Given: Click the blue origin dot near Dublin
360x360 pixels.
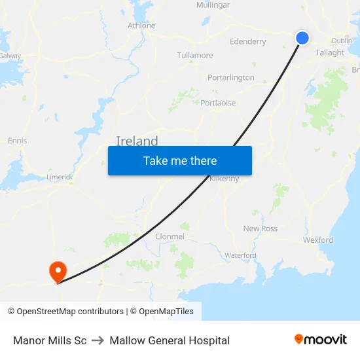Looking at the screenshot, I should click(x=302, y=38).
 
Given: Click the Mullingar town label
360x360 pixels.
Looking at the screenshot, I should click(x=213, y=5).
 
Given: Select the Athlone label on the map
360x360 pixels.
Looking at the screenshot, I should click(x=141, y=26).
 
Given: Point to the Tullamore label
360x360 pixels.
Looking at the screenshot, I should click(x=194, y=55).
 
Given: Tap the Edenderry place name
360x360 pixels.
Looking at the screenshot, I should click(x=247, y=42).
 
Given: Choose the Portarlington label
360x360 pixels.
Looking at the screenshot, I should click(x=230, y=77).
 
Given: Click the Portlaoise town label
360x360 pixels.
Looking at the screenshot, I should click(x=218, y=103).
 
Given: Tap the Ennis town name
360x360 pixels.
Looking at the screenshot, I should click(x=17, y=141).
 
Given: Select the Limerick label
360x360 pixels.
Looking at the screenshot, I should click(x=60, y=177).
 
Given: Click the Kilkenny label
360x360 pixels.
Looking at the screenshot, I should click(x=224, y=178).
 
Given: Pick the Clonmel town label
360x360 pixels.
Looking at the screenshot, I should click(x=170, y=236).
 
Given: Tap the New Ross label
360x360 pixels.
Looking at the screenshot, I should click(x=260, y=228).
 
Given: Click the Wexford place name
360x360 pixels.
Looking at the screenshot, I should click(x=317, y=240).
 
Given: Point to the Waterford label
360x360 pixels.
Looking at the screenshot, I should click(x=240, y=255).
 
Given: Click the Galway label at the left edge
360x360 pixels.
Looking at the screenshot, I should click(x=10, y=56).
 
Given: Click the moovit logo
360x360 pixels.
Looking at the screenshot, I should click(x=321, y=340).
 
